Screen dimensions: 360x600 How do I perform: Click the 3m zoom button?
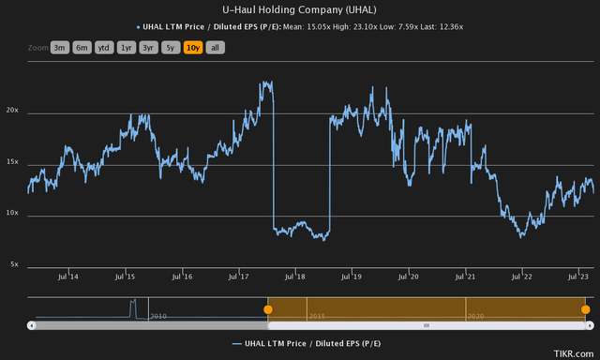click(x=59, y=47)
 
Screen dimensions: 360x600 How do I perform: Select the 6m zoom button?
click(x=82, y=47)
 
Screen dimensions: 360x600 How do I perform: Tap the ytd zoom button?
click(x=104, y=47)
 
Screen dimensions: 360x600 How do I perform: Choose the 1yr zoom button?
click(x=127, y=47)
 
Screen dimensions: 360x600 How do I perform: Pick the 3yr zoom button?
click(x=149, y=47)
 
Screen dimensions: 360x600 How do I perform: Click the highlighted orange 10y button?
click(x=194, y=47)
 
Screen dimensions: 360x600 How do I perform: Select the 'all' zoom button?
click(x=216, y=47)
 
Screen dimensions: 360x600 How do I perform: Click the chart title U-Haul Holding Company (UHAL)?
click(x=300, y=9)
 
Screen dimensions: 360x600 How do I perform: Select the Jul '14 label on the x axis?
click(x=68, y=277)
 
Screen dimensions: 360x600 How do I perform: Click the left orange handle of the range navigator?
click(x=268, y=308)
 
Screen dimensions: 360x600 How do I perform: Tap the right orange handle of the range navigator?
click(x=586, y=308)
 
